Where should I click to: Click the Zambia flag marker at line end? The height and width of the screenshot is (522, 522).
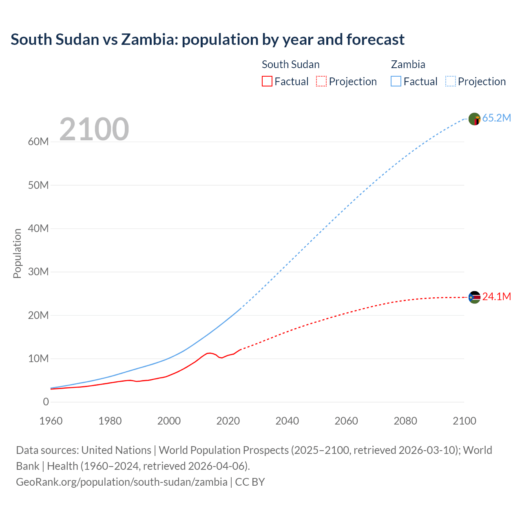click(x=474, y=119)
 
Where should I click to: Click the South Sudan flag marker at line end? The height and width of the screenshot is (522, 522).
click(x=474, y=297)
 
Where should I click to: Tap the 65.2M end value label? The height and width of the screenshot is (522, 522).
click(x=496, y=118)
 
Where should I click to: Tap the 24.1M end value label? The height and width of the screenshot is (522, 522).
click(x=496, y=297)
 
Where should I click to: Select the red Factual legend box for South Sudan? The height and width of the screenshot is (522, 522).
click(x=267, y=82)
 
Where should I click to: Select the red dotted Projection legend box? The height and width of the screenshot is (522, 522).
click(x=321, y=82)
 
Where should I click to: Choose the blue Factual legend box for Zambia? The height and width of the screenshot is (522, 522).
click(x=396, y=82)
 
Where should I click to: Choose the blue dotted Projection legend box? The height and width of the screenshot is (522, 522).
click(x=451, y=82)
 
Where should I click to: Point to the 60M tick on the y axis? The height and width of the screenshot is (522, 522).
click(x=38, y=142)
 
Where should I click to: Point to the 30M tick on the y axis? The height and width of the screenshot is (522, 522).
click(x=38, y=272)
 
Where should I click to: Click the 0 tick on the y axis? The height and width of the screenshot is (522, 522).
click(x=46, y=402)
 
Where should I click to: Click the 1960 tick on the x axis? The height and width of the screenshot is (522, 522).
click(x=51, y=421)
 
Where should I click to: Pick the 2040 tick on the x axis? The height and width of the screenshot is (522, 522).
click(x=287, y=421)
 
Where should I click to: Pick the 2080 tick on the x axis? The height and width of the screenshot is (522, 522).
click(x=405, y=421)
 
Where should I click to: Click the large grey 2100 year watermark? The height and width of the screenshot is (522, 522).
click(x=94, y=129)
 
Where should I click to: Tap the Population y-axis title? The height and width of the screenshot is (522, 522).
click(x=17, y=253)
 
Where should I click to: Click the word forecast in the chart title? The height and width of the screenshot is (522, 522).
click(x=375, y=40)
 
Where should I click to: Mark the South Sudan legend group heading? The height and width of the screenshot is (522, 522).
click(x=290, y=64)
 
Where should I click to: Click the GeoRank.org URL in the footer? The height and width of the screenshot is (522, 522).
click(x=122, y=482)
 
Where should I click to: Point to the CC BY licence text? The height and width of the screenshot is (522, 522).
click(x=250, y=482)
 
